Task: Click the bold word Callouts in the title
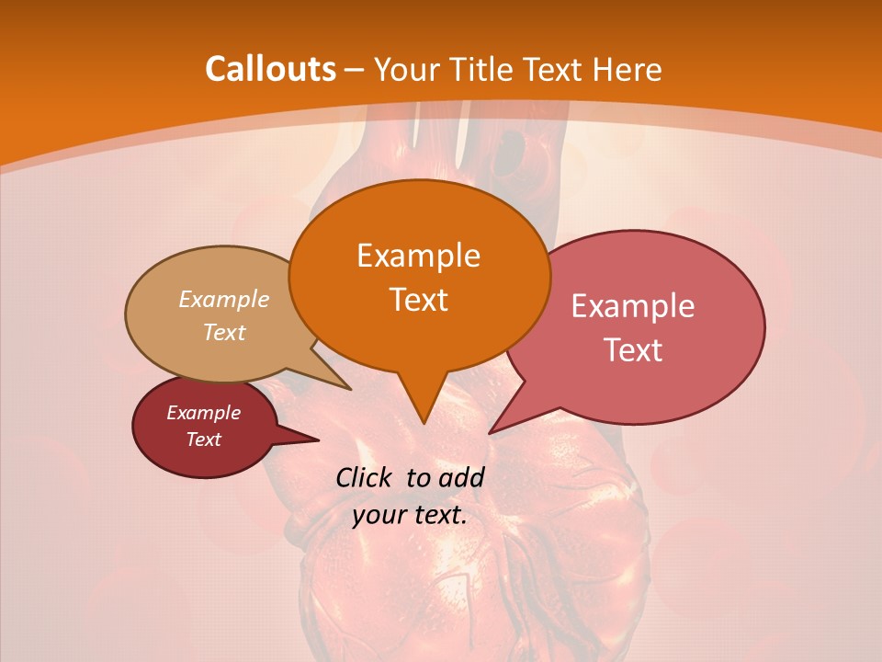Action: pos(270,69)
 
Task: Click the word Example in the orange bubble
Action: pos(418,256)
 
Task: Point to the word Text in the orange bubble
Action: pos(418,300)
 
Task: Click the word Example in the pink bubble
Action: pos(633,306)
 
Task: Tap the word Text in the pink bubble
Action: pos(633,350)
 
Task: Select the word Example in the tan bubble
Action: pos(224,299)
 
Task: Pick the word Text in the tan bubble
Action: pos(224,332)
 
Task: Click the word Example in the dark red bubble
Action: pos(203,413)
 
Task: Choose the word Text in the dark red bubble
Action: pos(203,439)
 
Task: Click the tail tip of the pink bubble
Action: pos(490,432)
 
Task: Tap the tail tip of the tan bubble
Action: pos(350,389)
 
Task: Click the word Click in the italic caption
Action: pos(366,477)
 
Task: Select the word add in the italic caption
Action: pos(461,477)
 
